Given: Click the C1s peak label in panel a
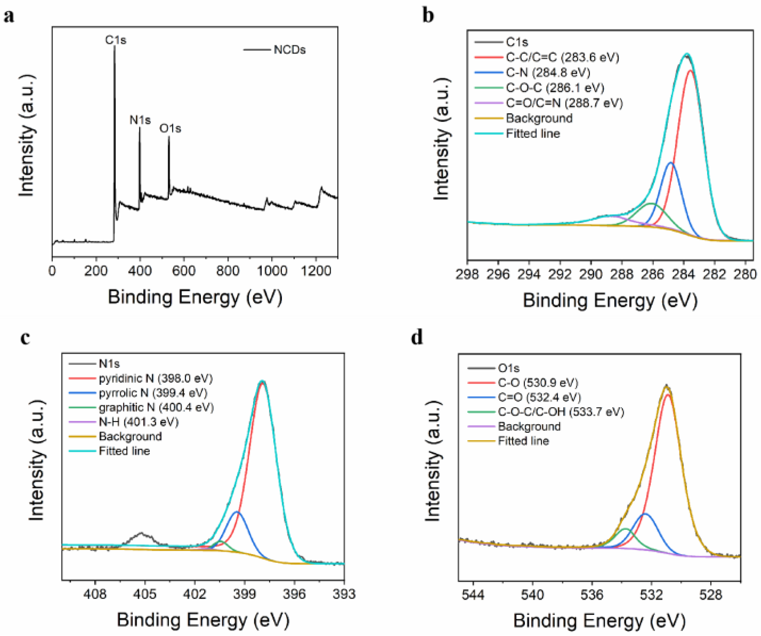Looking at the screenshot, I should (x=116, y=40).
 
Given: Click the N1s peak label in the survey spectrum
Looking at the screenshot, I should (x=140, y=120).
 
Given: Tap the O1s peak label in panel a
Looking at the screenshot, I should (x=170, y=128).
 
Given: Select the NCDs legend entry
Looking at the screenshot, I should (x=289, y=50).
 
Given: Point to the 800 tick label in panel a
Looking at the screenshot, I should (x=228, y=271).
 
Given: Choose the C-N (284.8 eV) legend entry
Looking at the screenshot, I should (x=548, y=73).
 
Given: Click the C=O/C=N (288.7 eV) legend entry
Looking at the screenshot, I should (x=564, y=103).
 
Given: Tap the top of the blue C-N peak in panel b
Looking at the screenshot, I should (x=671, y=163).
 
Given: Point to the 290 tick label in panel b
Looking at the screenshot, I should (x=591, y=274).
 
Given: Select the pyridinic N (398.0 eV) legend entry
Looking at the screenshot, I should (x=155, y=378).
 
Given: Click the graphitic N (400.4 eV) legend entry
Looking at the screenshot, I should (x=156, y=408).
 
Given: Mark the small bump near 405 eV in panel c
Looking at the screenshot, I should (x=141, y=533).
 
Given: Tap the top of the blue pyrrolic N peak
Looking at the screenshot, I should (x=237, y=512).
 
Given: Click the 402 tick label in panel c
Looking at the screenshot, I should (x=195, y=594).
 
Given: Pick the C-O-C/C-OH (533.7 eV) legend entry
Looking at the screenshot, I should (x=560, y=412).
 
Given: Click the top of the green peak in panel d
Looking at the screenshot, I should (x=625, y=529).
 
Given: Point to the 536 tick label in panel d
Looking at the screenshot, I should (x=592, y=595).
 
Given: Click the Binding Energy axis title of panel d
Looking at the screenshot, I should (x=600, y=620).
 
